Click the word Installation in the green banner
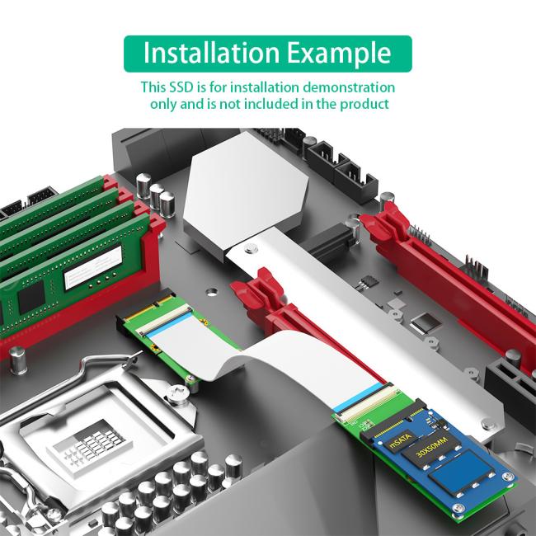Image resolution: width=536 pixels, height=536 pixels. tap(210, 53)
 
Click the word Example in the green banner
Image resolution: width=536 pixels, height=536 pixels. tap(340, 53)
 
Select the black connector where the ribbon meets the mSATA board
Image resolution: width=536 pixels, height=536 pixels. tap(364, 407)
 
